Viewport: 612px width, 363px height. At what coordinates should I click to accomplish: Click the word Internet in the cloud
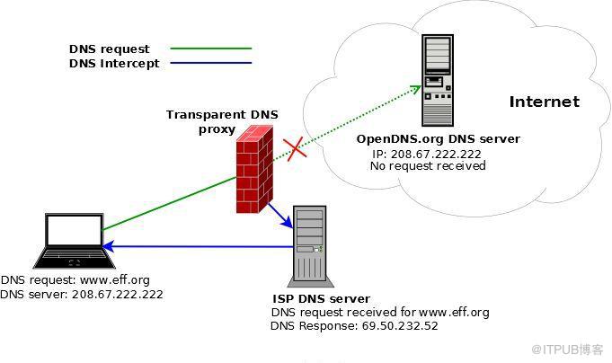tap(544, 102)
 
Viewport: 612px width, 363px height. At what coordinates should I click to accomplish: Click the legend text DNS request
tap(110, 49)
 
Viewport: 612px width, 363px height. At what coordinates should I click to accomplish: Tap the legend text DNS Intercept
tap(114, 63)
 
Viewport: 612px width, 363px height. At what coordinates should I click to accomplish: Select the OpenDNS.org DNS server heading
tap(438, 139)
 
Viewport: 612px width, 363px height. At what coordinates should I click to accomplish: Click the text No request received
tap(427, 166)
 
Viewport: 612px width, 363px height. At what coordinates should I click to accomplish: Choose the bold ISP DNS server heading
tap(321, 298)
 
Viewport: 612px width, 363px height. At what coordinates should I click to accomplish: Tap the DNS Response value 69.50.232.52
tap(400, 325)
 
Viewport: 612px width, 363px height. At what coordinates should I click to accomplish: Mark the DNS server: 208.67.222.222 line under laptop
tap(82, 294)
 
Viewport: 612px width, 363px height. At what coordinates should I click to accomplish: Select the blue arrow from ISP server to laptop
tap(198, 247)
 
